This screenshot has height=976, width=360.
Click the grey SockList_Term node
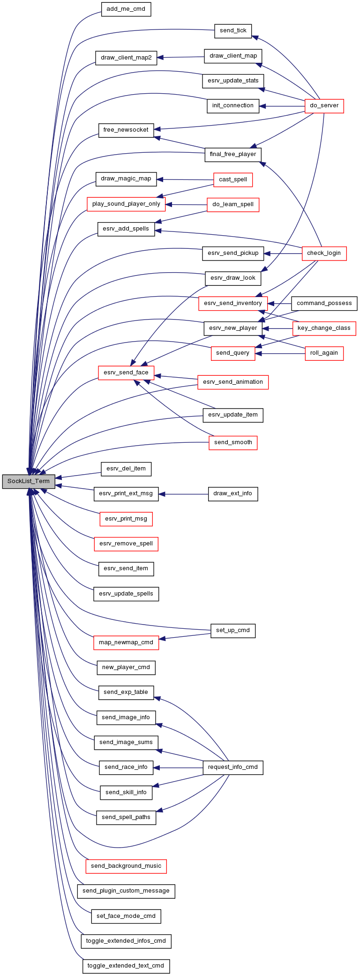[29, 481]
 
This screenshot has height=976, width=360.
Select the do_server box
[324, 105]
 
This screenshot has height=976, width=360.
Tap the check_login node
[324, 253]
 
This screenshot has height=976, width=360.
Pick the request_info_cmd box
[233, 767]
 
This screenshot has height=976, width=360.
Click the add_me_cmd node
[126, 9]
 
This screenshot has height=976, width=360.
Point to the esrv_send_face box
[126, 373]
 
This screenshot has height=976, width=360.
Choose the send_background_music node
[126, 866]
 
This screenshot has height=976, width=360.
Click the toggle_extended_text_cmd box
[126, 966]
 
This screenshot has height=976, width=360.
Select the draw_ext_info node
[233, 493]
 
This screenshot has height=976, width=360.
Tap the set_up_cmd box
[233, 630]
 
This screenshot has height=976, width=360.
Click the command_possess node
[324, 303]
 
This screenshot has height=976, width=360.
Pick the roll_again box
[324, 353]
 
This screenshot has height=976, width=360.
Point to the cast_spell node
[233, 179]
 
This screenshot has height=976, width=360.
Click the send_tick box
[233, 30]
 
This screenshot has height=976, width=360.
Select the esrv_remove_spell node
[126, 544]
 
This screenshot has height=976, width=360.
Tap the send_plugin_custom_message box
[126, 891]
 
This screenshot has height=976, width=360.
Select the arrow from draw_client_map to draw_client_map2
[180, 57]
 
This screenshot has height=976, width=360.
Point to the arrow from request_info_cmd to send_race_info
[178, 767]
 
